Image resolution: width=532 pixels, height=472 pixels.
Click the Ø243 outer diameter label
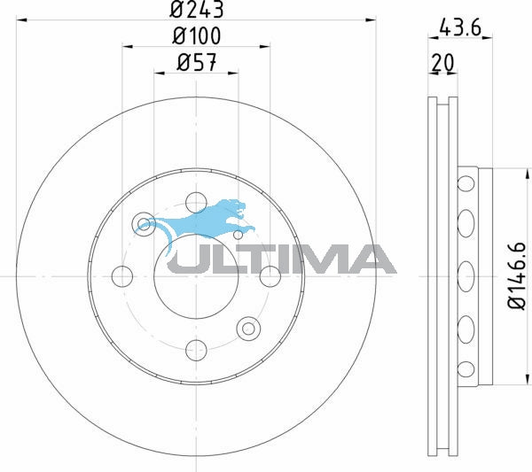pyautogui.click(x=197, y=9)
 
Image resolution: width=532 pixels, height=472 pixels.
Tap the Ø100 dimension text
pyautogui.click(x=197, y=35)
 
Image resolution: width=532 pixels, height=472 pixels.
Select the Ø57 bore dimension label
pyautogui.click(x=197, y=62)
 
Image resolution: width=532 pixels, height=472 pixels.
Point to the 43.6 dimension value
pyautogui.click(x=460, y=27)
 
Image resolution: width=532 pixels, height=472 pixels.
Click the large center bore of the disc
pyautogui.click(x=196, y=276)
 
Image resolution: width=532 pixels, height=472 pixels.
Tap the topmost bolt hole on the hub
pyautogui.click(x=196, y=203)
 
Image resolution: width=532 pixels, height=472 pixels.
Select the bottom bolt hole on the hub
pyautogui.click(x=196, y=350)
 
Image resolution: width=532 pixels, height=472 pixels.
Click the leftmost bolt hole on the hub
pyautogui.click(x=122, y=276)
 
